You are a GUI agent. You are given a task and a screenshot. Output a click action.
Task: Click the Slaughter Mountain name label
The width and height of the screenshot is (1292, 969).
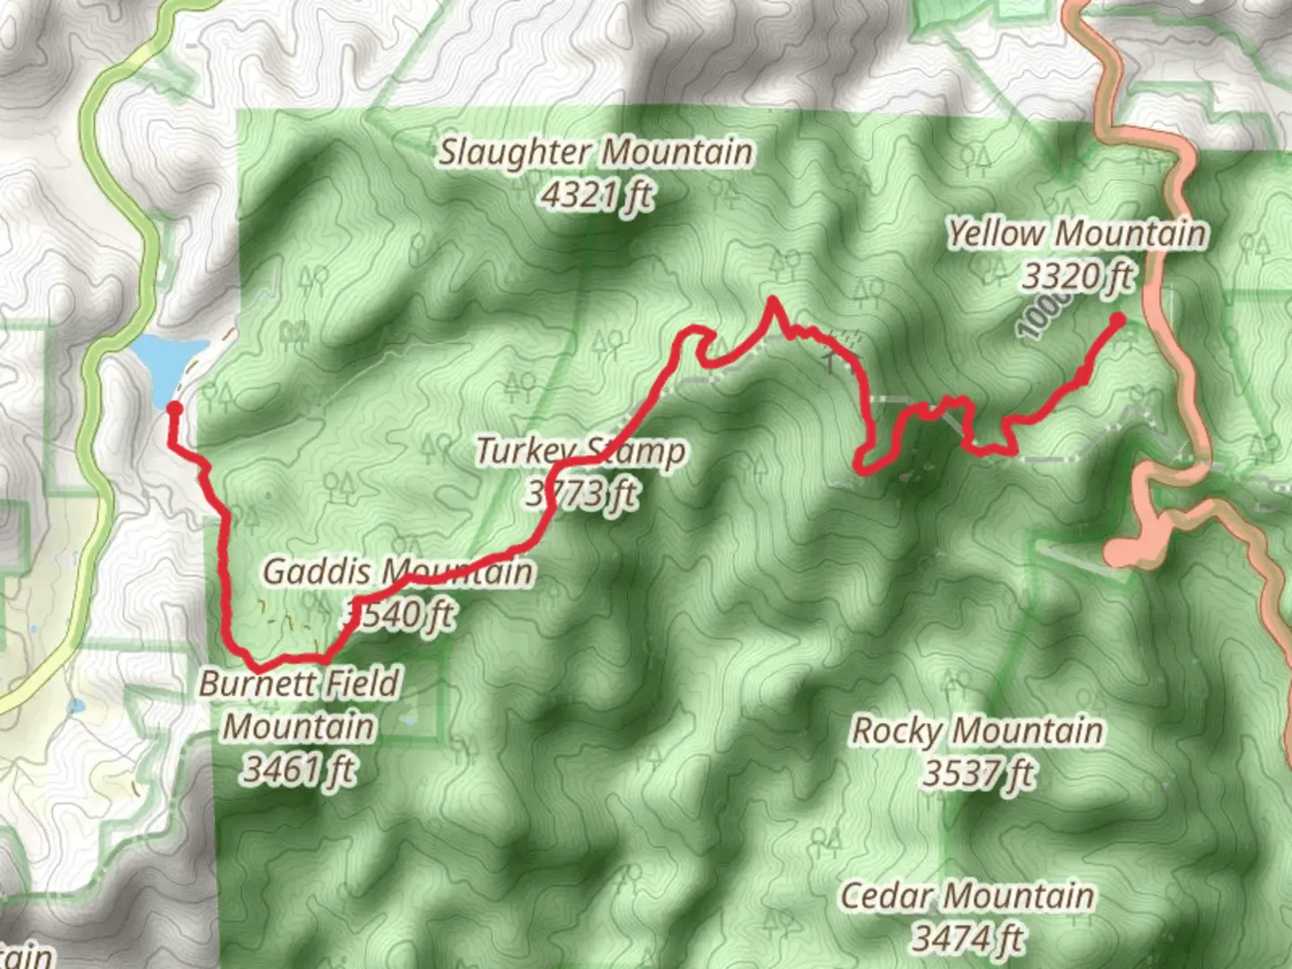595,153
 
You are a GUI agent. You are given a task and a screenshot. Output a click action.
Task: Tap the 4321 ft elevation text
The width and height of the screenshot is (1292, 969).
597,195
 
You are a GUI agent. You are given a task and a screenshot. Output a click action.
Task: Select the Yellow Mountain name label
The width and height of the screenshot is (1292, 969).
1077,234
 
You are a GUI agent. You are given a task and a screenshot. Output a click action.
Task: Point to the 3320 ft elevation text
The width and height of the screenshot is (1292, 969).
1078,276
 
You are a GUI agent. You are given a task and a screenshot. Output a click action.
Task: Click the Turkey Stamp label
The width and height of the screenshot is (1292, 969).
581,450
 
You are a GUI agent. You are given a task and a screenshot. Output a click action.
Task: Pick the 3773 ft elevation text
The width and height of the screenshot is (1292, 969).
582,493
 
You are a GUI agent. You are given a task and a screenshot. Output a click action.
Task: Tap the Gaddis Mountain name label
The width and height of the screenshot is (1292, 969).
397,572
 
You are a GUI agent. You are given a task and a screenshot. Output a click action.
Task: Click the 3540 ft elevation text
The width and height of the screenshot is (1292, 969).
400,615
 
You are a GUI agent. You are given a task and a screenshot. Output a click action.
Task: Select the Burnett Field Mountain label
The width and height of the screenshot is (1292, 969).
299,705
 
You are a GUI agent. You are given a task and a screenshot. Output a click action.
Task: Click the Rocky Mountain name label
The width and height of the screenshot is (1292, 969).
977,730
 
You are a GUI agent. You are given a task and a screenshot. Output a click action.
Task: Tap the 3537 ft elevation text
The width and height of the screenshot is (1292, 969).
978,773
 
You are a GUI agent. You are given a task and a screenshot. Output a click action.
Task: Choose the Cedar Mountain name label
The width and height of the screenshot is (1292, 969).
967,895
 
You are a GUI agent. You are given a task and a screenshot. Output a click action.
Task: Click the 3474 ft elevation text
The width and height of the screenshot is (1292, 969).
967,938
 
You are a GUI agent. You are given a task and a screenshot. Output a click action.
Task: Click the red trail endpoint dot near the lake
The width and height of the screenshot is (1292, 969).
175,409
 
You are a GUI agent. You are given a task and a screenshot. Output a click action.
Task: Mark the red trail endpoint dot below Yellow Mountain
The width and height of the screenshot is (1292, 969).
1118,319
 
